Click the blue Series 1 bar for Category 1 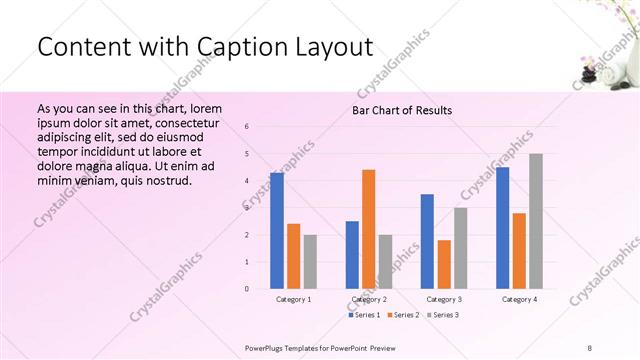pos(277,230)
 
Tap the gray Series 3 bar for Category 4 pos(536,220)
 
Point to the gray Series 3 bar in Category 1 pos(310,261)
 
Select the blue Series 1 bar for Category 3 pos(427,241)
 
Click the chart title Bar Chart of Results pos(401,110)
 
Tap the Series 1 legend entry pos(363,315)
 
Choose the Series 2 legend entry pos(402,315)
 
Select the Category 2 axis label pos(369,299)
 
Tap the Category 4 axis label pos(519,299)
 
